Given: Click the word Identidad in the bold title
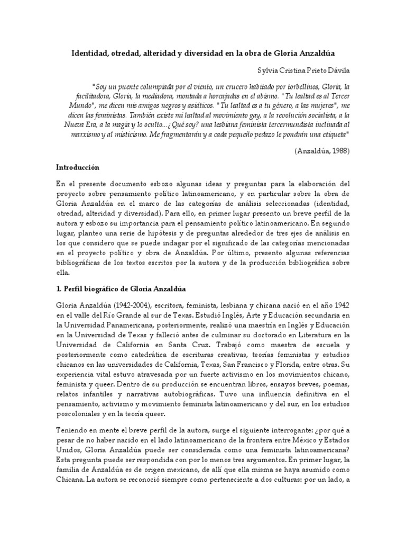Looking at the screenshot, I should [x=90, y=54].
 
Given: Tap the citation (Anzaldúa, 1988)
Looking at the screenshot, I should [x=322, y=151].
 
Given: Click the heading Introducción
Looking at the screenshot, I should [x=78, y=167].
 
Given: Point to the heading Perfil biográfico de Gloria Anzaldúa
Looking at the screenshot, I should [x=122, y=290].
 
